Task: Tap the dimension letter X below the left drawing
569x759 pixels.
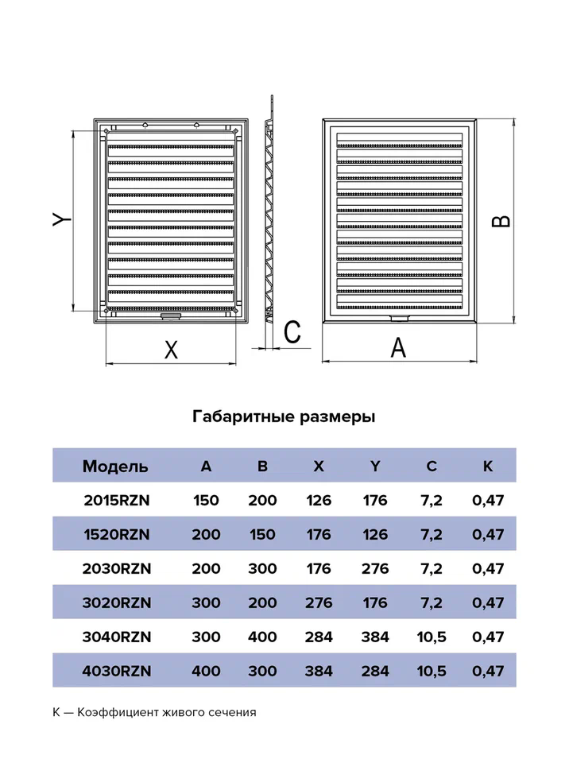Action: coord(170,350)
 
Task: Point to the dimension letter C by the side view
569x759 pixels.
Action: coord(292,331)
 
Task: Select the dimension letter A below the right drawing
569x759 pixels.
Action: coord(399,347)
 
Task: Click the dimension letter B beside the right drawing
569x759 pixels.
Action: coord(501,219)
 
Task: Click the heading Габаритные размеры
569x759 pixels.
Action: coord(284,416)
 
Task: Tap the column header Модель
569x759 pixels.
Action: coord(114,466)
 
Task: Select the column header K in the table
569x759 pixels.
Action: coord(488,466)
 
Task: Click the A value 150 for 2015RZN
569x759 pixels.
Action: coord(207,500)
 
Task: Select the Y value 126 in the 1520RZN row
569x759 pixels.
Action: coord(374,534)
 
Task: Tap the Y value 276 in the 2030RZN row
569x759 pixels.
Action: coord(374,569)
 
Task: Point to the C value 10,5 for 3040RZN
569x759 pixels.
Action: coord(432,637)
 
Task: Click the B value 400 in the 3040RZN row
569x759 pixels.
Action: coord(262,637)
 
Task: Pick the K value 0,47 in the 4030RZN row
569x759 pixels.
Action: coord(488,672)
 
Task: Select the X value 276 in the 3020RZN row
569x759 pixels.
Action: coord(319,603)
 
